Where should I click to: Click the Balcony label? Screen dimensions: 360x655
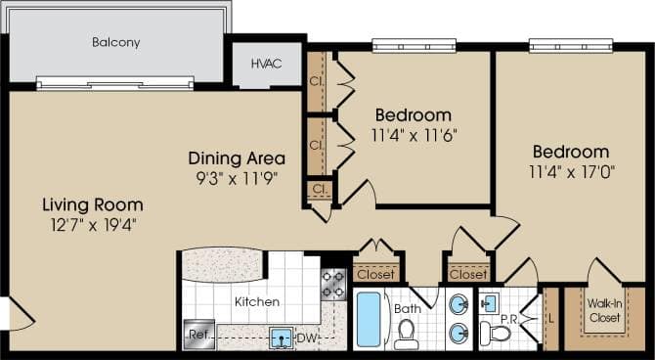[x=116, y=42]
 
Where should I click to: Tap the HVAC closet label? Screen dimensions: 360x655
[x=267, y=64]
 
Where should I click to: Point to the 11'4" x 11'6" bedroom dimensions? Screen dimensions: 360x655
[x=414, y=134]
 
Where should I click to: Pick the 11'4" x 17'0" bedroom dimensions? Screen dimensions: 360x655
[x=570, y=172]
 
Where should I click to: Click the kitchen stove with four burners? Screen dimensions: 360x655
[x=333, y=284]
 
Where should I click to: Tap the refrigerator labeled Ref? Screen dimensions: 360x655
[x=198, y=334]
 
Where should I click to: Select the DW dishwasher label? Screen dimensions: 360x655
[x=306, y=338]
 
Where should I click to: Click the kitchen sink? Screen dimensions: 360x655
[x=281, y=338]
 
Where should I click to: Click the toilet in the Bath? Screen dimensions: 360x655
[x=407, y=334]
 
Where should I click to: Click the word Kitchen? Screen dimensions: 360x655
[x=256, y=302]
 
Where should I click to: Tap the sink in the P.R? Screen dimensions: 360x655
[x=491, y=299]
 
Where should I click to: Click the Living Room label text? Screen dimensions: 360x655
[x=92, y=205]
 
